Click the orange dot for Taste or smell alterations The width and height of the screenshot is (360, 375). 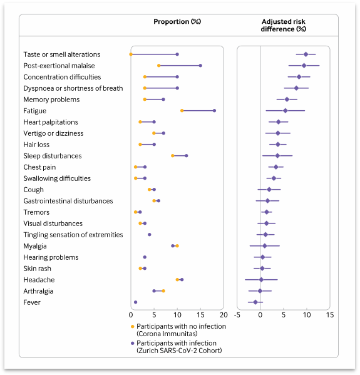131,54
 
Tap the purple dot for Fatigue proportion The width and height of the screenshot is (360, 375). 214,110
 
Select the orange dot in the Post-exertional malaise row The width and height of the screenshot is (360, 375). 159,66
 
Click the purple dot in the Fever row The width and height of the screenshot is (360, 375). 136,302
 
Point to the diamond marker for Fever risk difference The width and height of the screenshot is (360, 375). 255,302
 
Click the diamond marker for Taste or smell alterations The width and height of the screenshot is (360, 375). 306,54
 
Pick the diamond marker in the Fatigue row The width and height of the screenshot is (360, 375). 285,110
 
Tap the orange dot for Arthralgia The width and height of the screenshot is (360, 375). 163,291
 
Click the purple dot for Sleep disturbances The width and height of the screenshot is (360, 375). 187,156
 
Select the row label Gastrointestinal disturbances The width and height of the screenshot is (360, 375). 68,201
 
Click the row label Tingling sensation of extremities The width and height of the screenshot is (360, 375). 73,235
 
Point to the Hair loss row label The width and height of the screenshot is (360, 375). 36,145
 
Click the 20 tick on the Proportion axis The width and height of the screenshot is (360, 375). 224,315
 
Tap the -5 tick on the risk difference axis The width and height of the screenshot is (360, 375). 237,315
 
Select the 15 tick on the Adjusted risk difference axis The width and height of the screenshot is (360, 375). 330,315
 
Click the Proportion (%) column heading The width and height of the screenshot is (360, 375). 177,21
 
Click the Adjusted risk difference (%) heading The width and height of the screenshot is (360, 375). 284,25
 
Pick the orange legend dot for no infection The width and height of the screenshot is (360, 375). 133,326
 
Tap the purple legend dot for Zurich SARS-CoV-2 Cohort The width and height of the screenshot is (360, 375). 133,343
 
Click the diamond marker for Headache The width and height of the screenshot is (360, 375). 261,280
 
